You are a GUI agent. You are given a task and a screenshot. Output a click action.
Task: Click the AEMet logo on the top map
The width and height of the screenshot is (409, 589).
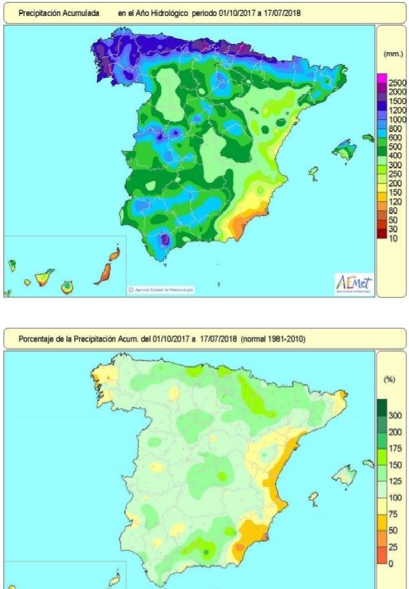352,283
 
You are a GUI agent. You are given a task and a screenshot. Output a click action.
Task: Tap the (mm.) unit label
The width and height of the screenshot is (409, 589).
392,53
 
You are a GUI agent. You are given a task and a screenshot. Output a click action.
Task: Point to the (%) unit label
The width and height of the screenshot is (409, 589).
389,379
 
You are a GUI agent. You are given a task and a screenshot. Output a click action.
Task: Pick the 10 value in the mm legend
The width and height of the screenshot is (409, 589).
393,238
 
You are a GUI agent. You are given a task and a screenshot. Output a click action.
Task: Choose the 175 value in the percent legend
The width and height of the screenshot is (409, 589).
395,448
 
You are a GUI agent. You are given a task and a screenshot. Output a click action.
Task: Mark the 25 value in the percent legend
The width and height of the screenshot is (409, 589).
393,547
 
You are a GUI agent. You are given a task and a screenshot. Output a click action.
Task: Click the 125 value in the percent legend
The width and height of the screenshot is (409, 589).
395,481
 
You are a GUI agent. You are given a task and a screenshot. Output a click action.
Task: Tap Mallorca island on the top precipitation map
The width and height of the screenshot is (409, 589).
345,149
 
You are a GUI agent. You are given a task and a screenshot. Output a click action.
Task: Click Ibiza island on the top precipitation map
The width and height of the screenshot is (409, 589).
313,174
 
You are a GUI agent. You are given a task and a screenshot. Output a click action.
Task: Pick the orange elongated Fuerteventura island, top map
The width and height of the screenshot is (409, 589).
104,273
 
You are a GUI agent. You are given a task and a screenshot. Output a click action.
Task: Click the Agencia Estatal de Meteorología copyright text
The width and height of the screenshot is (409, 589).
161,289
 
